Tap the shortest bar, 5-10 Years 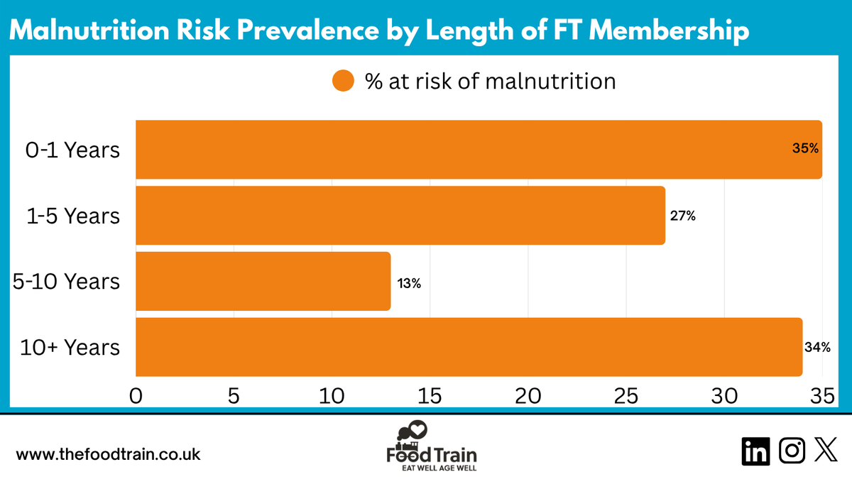263,281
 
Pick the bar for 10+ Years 469,347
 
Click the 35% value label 805,149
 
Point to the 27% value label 682,216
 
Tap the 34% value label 818,348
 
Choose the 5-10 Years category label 66,282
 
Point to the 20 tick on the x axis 529,395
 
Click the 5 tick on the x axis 234,395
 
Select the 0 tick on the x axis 136,395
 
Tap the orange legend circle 343,82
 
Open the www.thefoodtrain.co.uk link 108,454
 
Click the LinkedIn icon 755,451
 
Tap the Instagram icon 792,451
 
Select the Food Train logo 431,447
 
